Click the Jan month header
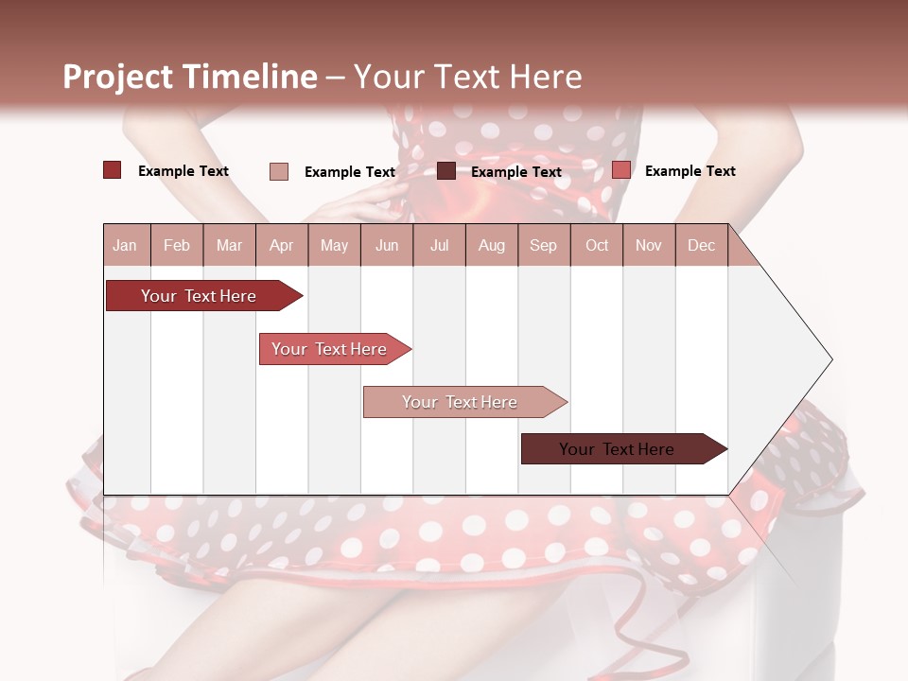pos(125,246)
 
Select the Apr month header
pos(281,246)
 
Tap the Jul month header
pos(439,246)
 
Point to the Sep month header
pos(543,246)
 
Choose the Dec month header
pos(701,246)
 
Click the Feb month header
pos(177,246)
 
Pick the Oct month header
pos(597,246)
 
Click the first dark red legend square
pos(113,170)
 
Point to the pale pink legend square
pos(279,171)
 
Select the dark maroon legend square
pos(446,171)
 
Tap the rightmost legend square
pos(621,170)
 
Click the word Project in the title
pos(118,77)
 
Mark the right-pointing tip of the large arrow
pos(830,359)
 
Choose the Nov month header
pos(649,246)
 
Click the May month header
pos(334,246)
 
